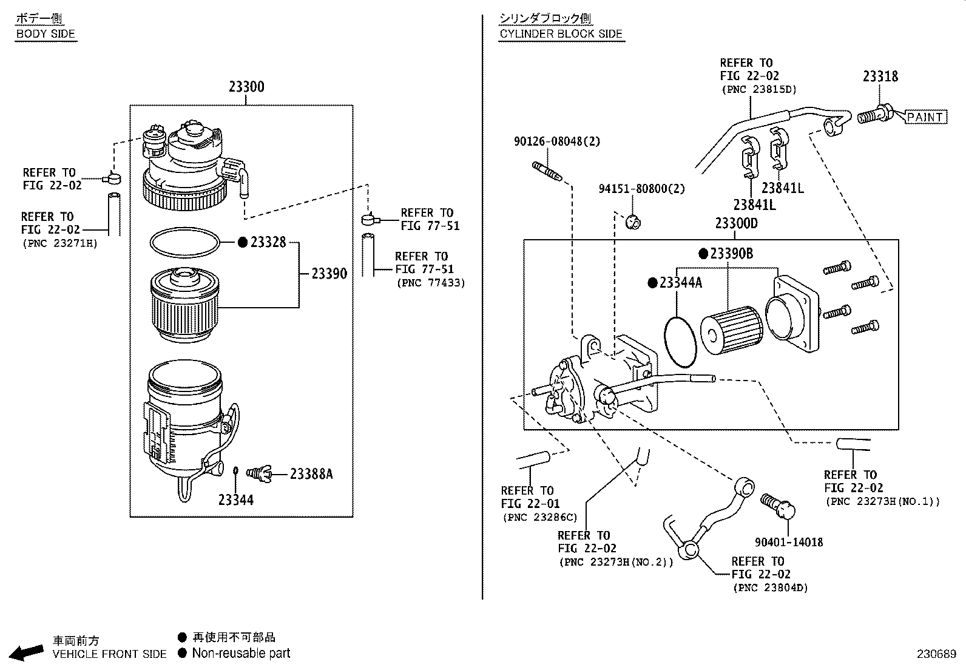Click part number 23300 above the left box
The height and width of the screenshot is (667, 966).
coord(246,87)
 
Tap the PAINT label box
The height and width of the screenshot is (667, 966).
coord(925,117)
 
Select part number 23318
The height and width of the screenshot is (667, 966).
coord(880,76)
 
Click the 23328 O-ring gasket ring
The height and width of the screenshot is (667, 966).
coord(184,242)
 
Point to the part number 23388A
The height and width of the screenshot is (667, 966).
coord(311,473)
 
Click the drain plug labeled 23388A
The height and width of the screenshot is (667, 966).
coord(262,473)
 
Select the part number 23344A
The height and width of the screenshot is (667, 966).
coord(680,282)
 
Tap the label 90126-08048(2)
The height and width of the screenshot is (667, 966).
coord(556,141)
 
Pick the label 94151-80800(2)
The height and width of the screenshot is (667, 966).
coord(641,189)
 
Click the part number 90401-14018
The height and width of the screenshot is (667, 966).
coord(789,542)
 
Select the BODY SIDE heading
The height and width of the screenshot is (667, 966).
coord(46,34)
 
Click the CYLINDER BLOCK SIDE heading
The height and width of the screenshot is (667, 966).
coord(561,34)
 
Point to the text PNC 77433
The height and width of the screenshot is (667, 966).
coord(430,283)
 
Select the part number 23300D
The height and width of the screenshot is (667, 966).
coord(736,223)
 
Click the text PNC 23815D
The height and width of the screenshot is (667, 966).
coord(758,89)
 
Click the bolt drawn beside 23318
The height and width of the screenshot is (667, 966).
coord(875,114)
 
